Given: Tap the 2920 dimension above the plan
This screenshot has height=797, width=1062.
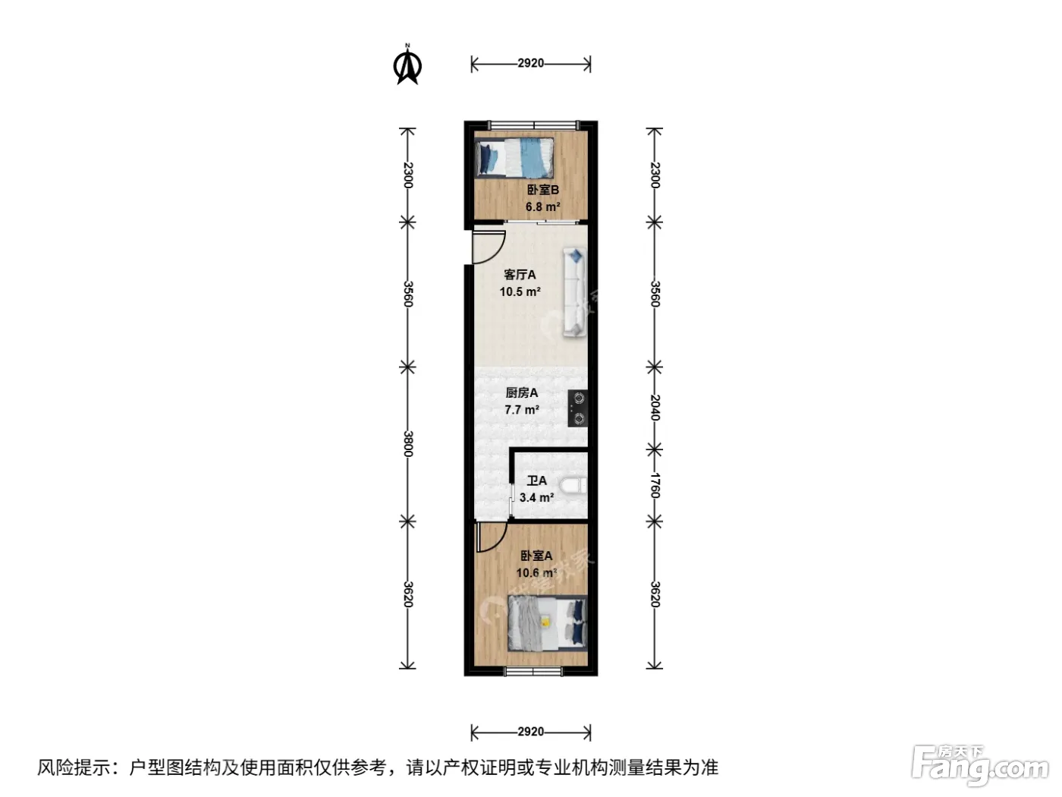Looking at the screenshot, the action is click(x=530, y=64).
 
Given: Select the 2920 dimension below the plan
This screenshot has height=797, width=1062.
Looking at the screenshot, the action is click(x=530, y=732).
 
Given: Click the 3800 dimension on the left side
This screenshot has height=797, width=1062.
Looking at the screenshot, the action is click(x=407, y=444).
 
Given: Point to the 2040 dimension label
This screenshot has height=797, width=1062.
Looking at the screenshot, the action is click(x=654, y=408).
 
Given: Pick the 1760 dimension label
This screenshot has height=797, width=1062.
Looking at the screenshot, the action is click(x=654, y=485).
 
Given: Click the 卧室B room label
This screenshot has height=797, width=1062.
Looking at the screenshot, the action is click(x=542, y=190).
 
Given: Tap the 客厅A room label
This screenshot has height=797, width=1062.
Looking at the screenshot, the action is click(x=520, y=274).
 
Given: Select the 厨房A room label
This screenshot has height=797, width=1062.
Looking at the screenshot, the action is click(x=522, y=392).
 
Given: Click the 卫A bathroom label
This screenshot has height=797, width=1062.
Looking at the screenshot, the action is click(x=536, y=480).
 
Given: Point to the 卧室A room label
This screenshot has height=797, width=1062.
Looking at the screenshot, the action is click(x=536, y=556).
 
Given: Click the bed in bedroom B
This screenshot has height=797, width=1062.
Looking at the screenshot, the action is click(x=514, y=158).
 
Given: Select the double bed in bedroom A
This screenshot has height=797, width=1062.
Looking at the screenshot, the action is click(x=547, y=623).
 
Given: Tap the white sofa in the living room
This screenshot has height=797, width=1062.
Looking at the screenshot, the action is click(x=574, y=291).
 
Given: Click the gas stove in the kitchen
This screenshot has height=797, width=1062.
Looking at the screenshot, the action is click(x=578, y=408).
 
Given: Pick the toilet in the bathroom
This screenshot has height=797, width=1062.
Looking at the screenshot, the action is click(x=573, y=486).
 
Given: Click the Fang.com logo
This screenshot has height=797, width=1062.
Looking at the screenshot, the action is click(x=979, y=767).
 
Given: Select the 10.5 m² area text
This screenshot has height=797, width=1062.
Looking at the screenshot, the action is click(x=520, y=291).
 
